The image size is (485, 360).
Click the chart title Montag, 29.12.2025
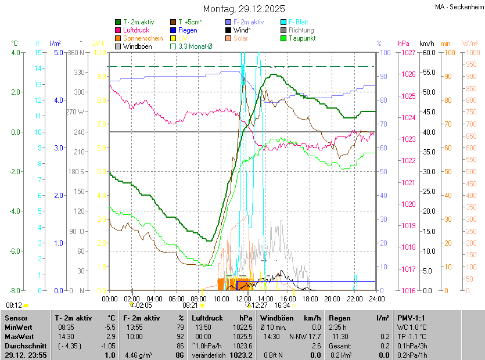tap(244, 9)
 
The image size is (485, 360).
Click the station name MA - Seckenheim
tap(458, 6)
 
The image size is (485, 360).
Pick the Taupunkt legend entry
tap(302, 38)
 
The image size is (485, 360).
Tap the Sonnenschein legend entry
tap(143, 38)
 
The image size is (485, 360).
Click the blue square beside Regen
tap(173, 30)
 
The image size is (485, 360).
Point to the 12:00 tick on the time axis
tap(243, 298)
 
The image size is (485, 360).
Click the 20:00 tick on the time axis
tap(332, 298)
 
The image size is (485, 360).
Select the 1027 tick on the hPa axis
tap(407, 52)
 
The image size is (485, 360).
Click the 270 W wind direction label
tap(76, 112)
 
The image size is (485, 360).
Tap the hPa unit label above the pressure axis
tap(404, 44)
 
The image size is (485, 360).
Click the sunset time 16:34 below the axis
tap(282, 305)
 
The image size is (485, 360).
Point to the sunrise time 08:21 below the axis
tap(191, 305)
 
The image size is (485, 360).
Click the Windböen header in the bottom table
tap(276, 318)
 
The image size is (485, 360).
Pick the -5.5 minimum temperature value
tap(110, 327)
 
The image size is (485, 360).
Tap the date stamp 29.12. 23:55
tap(26, 355)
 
